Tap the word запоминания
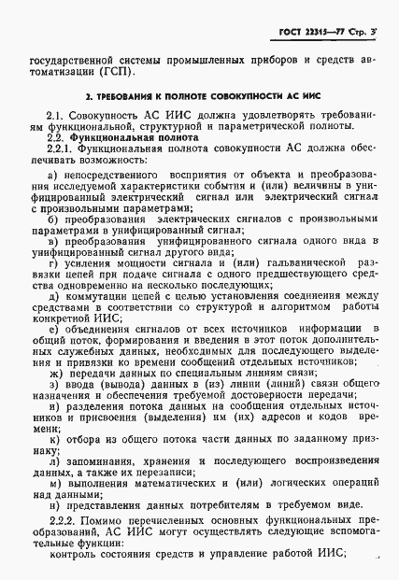coord(100,460)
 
